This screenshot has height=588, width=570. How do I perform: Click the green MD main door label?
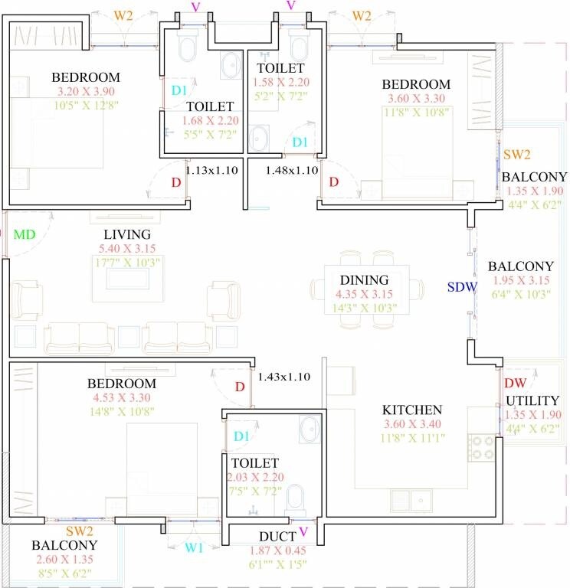25,234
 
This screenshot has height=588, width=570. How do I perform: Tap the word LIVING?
128,234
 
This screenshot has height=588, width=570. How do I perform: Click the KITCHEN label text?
412,410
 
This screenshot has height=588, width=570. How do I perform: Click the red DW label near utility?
514,383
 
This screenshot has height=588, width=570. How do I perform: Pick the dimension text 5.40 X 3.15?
128,249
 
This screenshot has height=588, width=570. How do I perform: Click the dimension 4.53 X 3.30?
121,398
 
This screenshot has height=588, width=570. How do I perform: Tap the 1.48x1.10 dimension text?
292,171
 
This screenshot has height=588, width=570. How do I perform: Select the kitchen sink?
412,500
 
